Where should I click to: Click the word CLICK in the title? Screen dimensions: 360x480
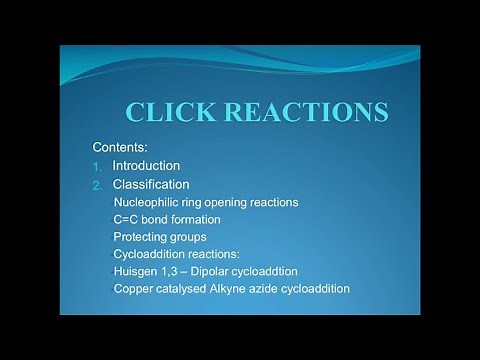(174, 111)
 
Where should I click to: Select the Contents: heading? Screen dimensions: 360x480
(119, 146)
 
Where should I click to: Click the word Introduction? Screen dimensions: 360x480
(146, 165)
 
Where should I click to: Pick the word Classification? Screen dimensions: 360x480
(151, 184)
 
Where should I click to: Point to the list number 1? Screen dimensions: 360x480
(96, 166)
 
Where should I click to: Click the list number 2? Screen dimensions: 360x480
(97, 185)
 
